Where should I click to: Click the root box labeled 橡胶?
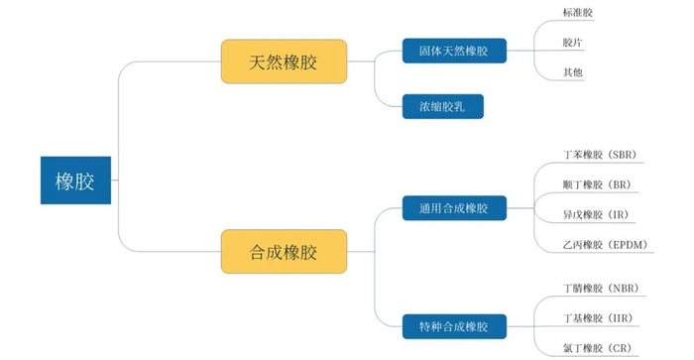[x=76, y=180]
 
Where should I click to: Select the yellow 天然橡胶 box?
[x=283, y=61]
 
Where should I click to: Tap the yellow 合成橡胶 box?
[x=283, y=251]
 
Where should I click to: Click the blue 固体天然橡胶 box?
[x=454, y=51]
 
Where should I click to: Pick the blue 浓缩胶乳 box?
[x=443, y=106]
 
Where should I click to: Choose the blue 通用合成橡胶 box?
[x=454, y=208]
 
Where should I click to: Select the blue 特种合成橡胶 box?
[x=454, y=325]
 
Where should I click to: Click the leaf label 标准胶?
[x=578, y=13]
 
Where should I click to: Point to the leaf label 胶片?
[x=572, y=44]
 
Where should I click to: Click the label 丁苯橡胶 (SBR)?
[x=599, y=155]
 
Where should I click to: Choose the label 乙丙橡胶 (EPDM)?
[x=603, y=244]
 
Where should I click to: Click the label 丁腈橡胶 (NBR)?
[x=600, y=289]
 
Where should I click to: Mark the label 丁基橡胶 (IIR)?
[x=597, y=318]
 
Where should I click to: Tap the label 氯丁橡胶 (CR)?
[x=595, y=348]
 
